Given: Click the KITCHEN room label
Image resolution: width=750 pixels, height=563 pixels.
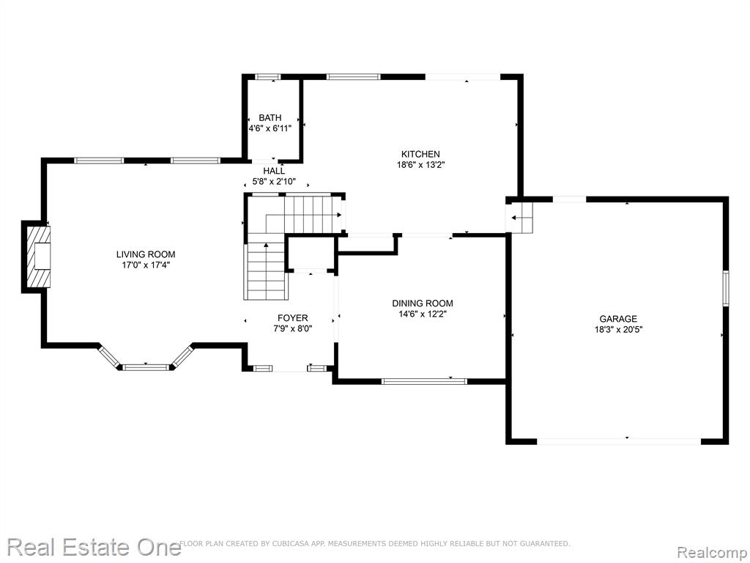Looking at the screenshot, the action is tap(420, 154).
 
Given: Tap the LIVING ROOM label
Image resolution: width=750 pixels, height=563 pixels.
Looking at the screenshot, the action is tap(146, 254).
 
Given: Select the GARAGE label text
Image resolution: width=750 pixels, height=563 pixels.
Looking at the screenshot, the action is tap(618, 319).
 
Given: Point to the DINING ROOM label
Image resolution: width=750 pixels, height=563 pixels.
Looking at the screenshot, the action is tap(423, 303).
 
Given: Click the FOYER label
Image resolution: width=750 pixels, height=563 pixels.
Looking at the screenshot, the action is tap(293, 318).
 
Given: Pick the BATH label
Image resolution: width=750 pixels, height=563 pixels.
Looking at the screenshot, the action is tap(270, 118).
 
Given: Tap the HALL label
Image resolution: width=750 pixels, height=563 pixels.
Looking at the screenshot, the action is tap(274, 171).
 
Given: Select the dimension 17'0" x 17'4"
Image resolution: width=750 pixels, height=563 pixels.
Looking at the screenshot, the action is tap(146, 265).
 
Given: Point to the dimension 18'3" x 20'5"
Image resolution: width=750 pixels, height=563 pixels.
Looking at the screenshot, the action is tap(618, 329).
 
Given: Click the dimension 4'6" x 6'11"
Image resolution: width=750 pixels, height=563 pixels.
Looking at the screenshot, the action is tap(270, 128).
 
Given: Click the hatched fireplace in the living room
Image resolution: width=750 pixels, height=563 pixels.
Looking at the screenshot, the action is tap(39, 257).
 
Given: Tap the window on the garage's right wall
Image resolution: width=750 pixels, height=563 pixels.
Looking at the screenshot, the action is tap(726, 287).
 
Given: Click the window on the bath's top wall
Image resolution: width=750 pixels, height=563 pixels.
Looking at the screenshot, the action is tap(267, 76).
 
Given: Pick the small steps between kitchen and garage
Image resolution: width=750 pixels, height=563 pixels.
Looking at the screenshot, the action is tap(521, 217).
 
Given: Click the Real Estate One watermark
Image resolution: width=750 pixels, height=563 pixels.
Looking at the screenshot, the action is tap(94, 547).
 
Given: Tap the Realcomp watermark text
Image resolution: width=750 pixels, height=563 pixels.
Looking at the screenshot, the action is tap(712, 552).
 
